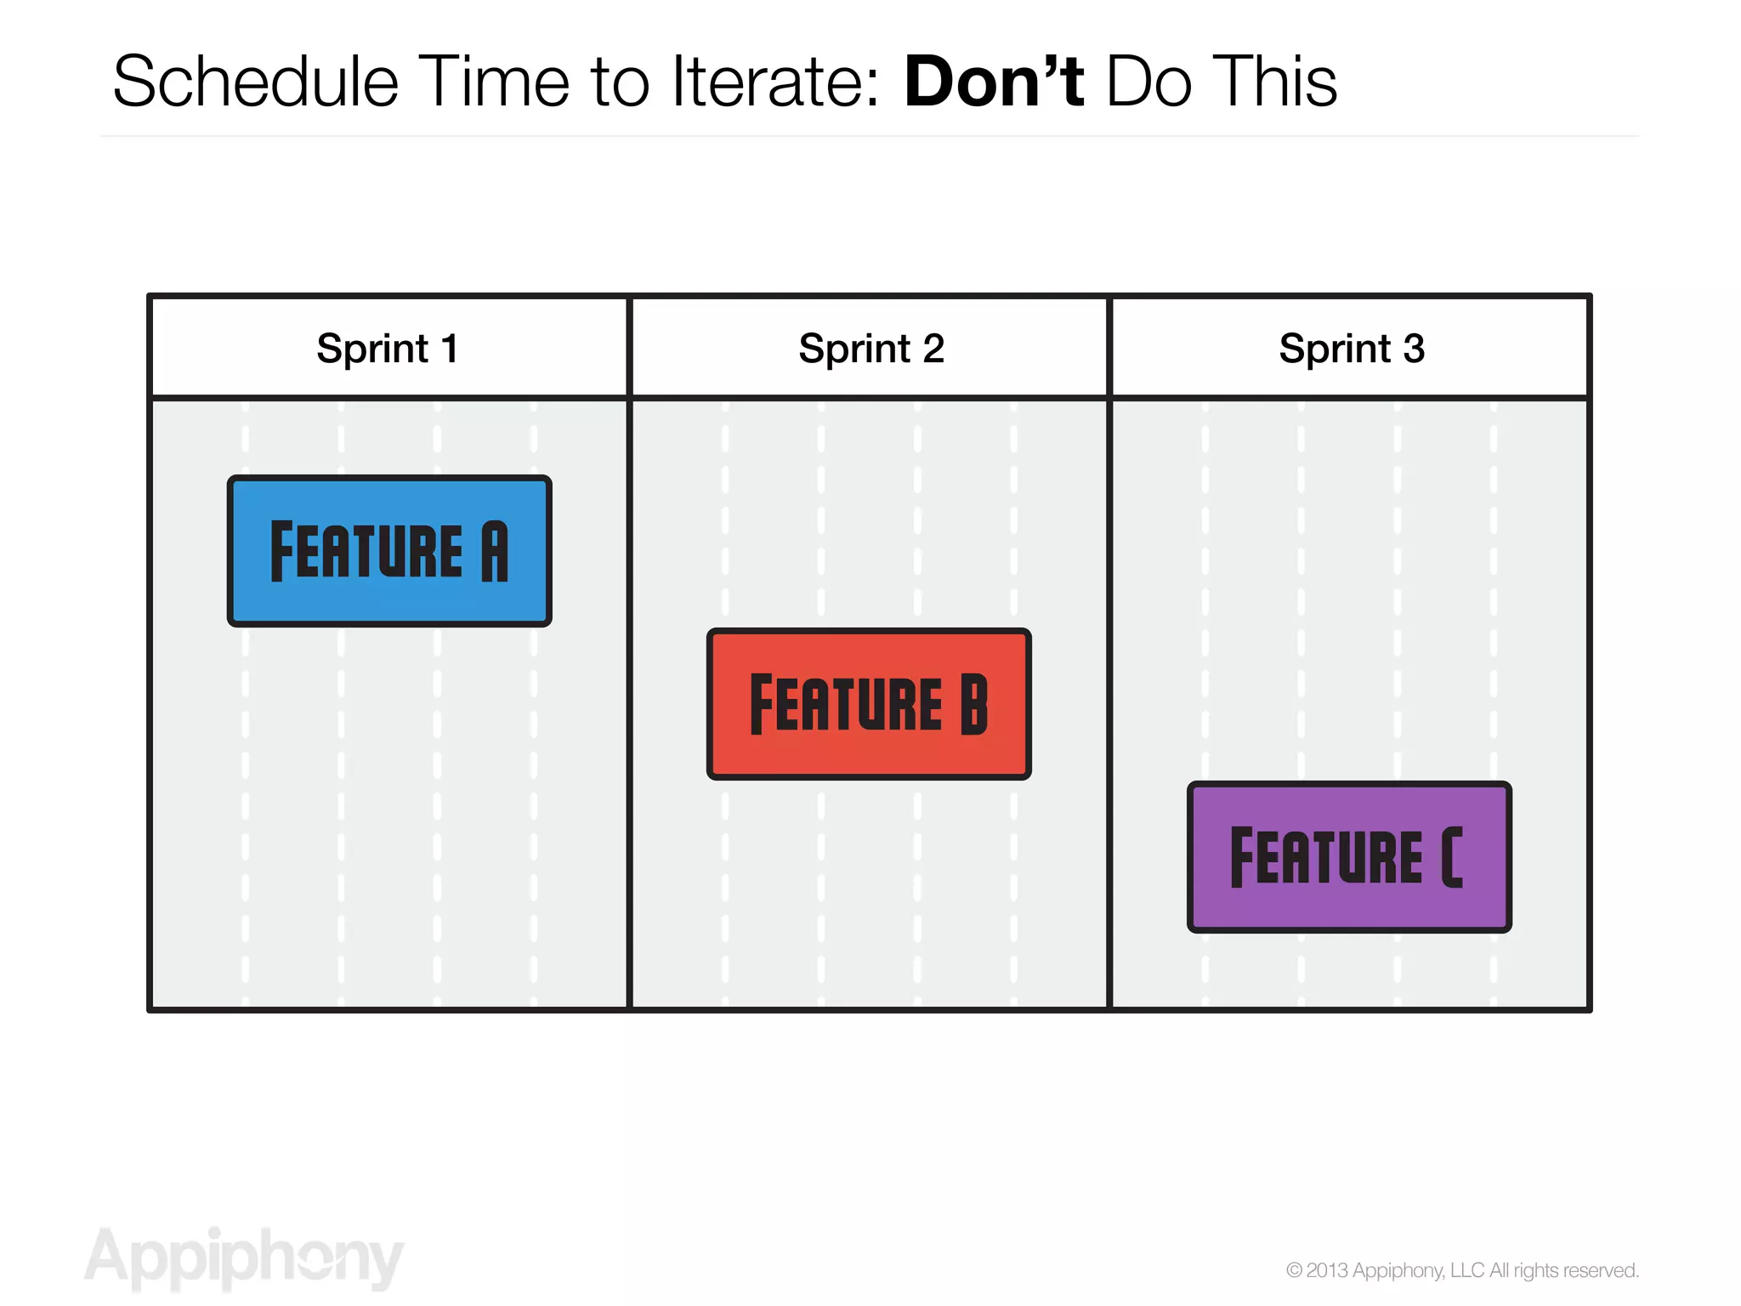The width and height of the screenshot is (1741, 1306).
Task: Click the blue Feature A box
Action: [389, 551]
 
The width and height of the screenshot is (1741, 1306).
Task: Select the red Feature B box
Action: [868, 704]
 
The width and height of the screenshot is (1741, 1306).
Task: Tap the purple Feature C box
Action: [1349, 857]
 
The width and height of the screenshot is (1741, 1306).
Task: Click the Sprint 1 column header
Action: [388, 348]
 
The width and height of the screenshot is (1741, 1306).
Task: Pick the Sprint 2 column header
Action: [870, 348]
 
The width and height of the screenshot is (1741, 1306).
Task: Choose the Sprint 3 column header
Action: [1351, 348]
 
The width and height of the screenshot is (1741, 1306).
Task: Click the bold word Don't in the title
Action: [993, 82]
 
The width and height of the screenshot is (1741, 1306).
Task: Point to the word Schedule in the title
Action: [255, 82]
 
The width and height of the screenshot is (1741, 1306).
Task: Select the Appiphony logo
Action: [244, 1258]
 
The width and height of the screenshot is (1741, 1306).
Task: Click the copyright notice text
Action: [1462, 1270]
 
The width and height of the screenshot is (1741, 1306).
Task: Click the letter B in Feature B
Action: [974, 704]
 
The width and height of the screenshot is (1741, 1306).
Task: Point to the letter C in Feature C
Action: [1452, 857]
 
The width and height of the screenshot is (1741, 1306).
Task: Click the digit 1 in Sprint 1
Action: [450, 348]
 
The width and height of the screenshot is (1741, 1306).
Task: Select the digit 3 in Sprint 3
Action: [1414, 348]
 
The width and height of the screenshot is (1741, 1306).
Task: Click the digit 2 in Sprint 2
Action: [933, 348]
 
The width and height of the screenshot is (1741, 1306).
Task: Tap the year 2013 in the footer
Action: [1327, 1270]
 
